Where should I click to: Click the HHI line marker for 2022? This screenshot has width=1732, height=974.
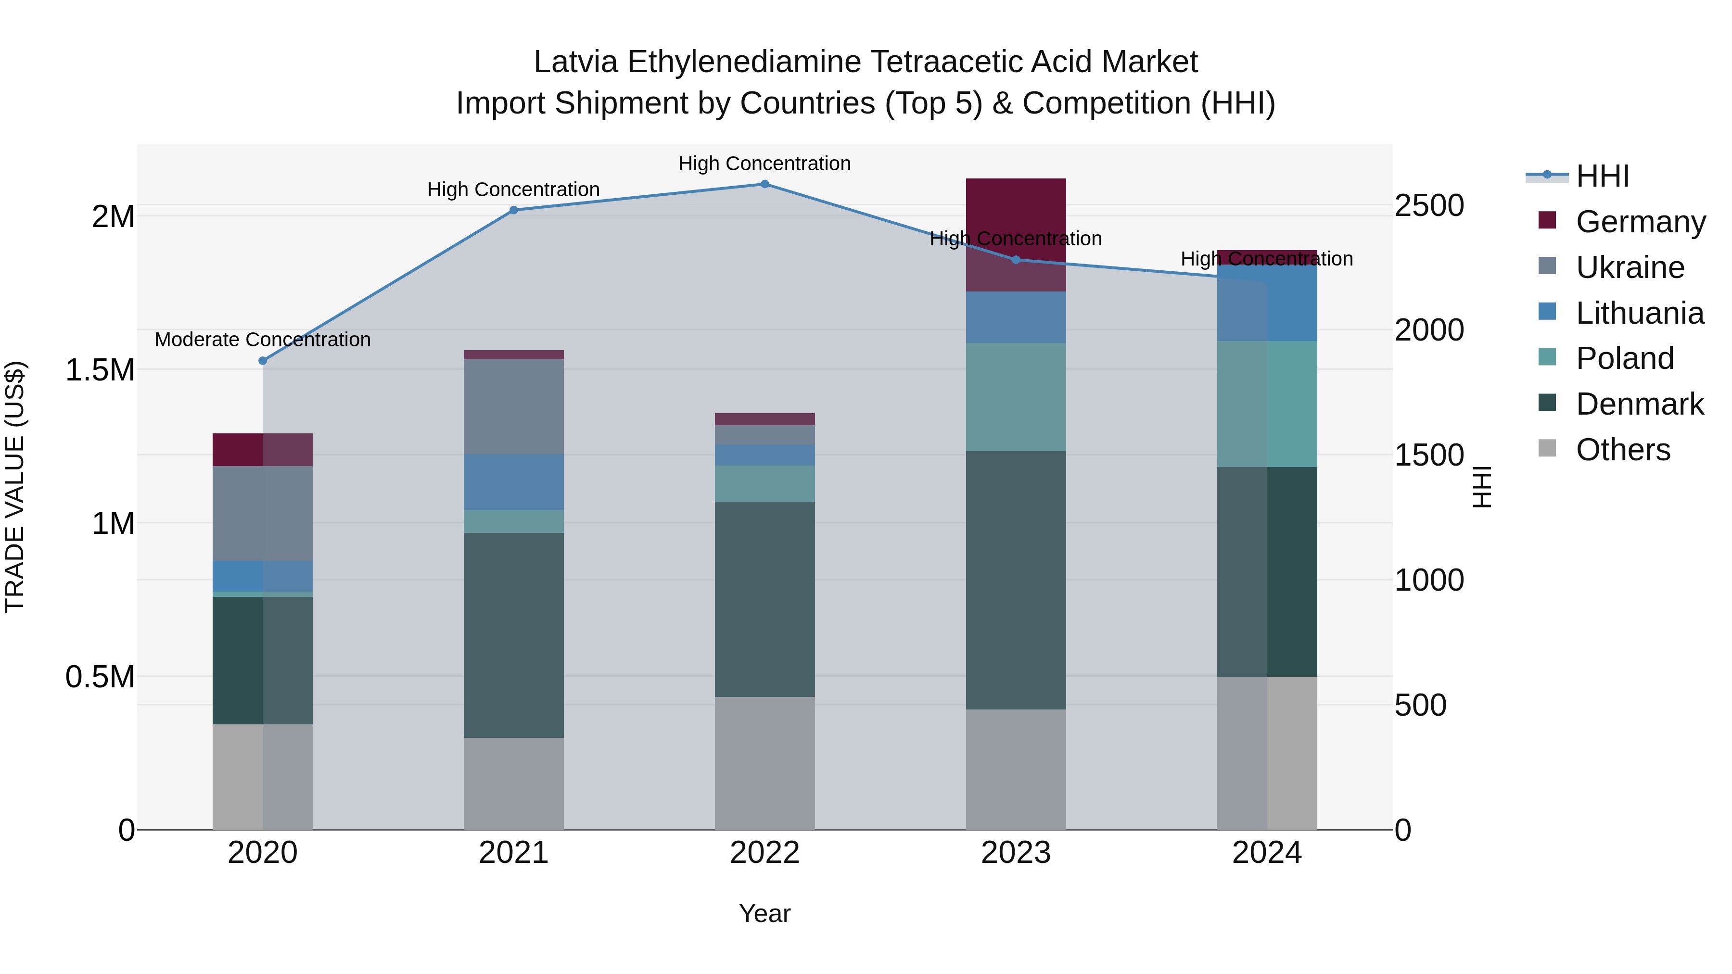764,184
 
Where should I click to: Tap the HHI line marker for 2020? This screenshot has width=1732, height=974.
263,361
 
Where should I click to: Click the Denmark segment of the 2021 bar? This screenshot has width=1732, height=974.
514,635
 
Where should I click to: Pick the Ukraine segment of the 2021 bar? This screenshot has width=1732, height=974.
514,406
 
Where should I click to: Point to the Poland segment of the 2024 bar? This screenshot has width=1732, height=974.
1267,404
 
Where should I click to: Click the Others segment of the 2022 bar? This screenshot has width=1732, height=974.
764,763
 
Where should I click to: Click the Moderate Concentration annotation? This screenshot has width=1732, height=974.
263,340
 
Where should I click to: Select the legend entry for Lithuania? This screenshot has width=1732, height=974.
1639,313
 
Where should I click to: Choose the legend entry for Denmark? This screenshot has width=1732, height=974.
1639,404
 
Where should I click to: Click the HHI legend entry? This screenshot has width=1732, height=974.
1602,176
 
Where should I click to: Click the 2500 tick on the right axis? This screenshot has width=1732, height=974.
1429,206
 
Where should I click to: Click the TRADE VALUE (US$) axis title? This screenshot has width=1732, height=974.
15,487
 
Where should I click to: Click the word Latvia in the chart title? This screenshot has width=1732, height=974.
575,62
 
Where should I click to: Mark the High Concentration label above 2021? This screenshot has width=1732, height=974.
514,190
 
